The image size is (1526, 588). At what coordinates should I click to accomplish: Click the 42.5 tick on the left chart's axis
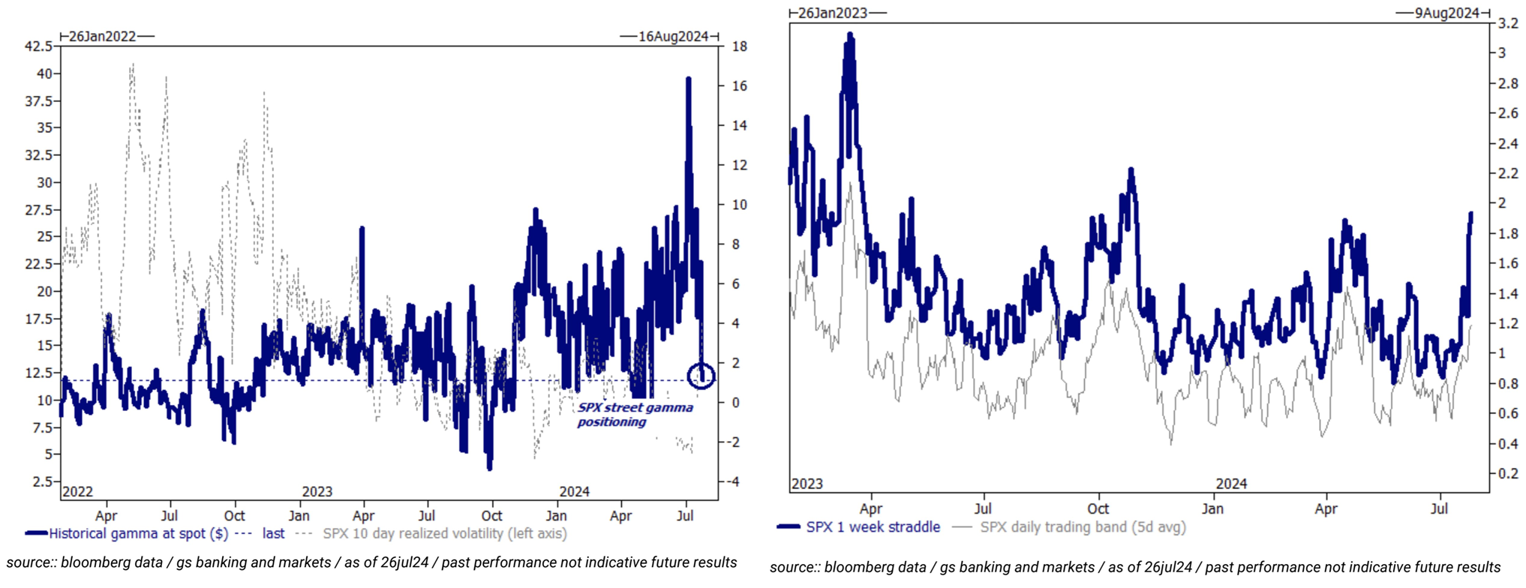pos(38,46)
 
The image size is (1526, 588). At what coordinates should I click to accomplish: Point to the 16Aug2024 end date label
pos(673,37)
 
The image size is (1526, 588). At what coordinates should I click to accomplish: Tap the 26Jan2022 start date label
pos(103,37)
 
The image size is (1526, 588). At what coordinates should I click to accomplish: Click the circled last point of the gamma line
pos(701,375)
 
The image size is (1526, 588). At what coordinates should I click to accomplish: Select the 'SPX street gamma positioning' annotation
pos(635,415)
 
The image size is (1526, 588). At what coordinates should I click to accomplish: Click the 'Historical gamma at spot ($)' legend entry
pos(138,534)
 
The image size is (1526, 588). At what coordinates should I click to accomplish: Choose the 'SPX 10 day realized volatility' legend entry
pos(444,534)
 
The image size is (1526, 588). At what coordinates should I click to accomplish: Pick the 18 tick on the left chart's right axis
pos(739,46)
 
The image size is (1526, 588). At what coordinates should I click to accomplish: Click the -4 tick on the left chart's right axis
pos(738,481)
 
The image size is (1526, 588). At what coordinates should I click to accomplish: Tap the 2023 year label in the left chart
pos(317,492)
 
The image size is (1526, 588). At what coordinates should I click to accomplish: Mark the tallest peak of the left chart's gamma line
pos(688,78)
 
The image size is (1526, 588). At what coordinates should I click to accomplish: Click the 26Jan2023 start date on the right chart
pos(833,13)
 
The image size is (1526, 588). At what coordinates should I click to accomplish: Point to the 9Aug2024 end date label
pos(1447,13)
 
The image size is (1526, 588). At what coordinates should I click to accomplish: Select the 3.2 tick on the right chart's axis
pos(1508,23)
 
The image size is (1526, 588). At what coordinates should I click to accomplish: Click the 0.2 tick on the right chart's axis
pos(1508,473)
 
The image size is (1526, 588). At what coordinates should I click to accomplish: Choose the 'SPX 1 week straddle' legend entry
pos(873,527)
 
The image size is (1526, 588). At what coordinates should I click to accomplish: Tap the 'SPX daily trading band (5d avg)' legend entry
pos(1083,527)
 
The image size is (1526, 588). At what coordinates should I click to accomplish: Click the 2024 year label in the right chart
pos(1231,484)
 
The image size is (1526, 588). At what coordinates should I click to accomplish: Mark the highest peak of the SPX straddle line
pos(850,34)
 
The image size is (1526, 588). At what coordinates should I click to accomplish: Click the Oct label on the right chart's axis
pos(1098,508)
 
